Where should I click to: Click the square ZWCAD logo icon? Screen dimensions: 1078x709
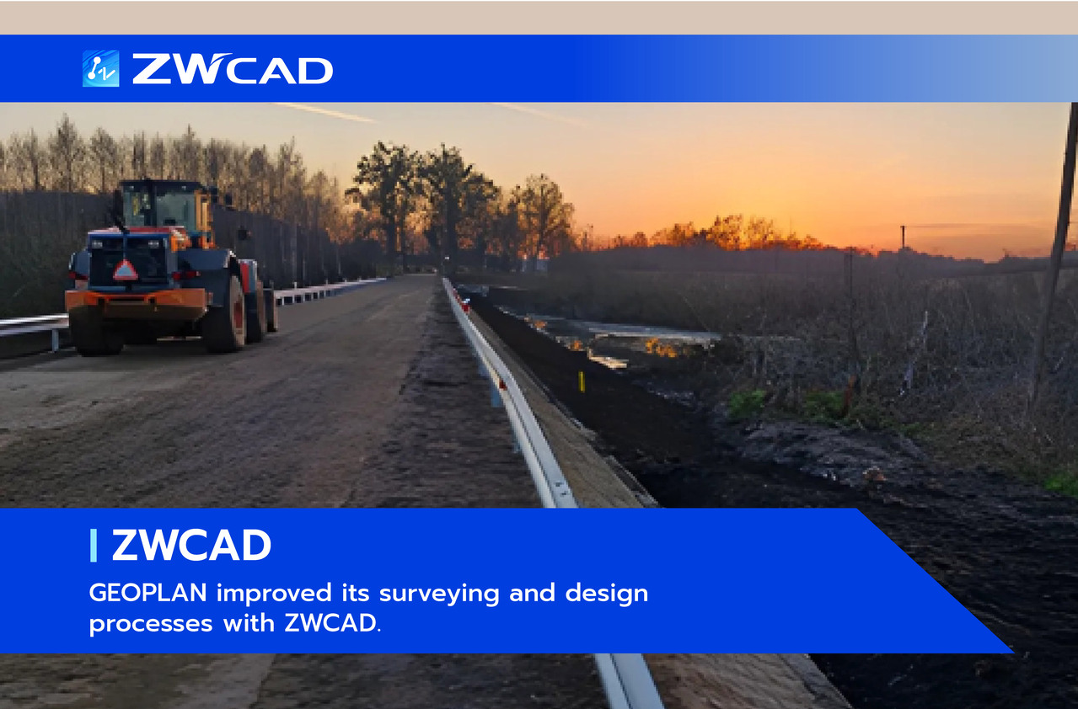(x=100, y=68)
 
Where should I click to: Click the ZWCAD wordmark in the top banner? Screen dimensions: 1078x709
(x=233, y=69)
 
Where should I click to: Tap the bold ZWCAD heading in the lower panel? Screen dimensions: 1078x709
(x=191, y=545)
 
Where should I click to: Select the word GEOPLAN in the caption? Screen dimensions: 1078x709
(x=147, y=593)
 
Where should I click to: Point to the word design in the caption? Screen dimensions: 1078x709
(x=606, y=594)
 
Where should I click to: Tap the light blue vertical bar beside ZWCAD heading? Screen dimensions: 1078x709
(x=94, y=545)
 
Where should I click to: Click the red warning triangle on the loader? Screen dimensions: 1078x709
(x=125, y=270)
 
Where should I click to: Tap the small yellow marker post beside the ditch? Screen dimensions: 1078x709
(x=582, y=381)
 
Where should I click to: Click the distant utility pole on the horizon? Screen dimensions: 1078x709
(x=903, y=237)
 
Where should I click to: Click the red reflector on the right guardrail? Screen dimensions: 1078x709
(x=465, y=305)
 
